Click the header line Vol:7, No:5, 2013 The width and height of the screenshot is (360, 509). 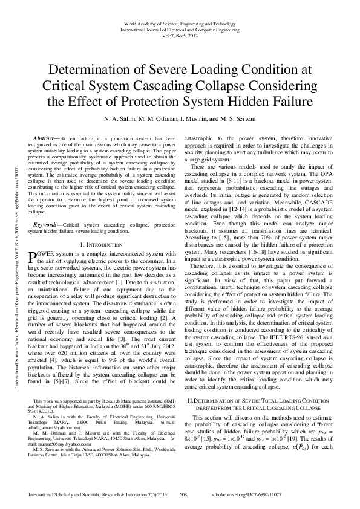coord(180,36)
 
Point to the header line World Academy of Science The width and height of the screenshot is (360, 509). coord(180,22)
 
